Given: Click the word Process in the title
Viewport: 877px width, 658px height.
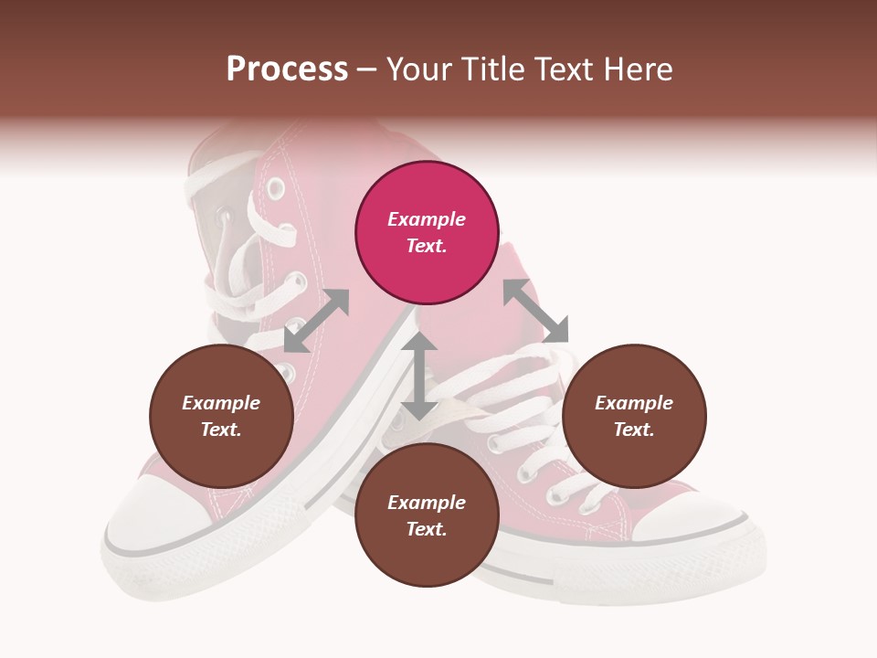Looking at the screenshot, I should pyautogui.click(x=287, y=69).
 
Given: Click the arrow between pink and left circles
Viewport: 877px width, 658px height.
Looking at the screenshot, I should pyautogui.click(x=316, y=320).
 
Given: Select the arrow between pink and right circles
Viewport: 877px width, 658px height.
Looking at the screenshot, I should pyautogui.click(x=535, y=311).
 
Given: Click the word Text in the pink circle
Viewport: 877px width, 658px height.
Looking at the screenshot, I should pyautogui.click(x=425, y=246).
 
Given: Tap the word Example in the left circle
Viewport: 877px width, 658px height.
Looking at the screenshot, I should pyautogui.click(x=221, y=403).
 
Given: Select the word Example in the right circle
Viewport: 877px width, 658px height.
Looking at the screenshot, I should pyautogui.click(x=634, y=403).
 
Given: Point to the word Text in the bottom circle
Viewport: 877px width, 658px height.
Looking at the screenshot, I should pyautogui.click(x=425, y=529).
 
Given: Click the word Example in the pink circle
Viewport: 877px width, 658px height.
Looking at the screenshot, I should pyautogui.click(x=427, y=219).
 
